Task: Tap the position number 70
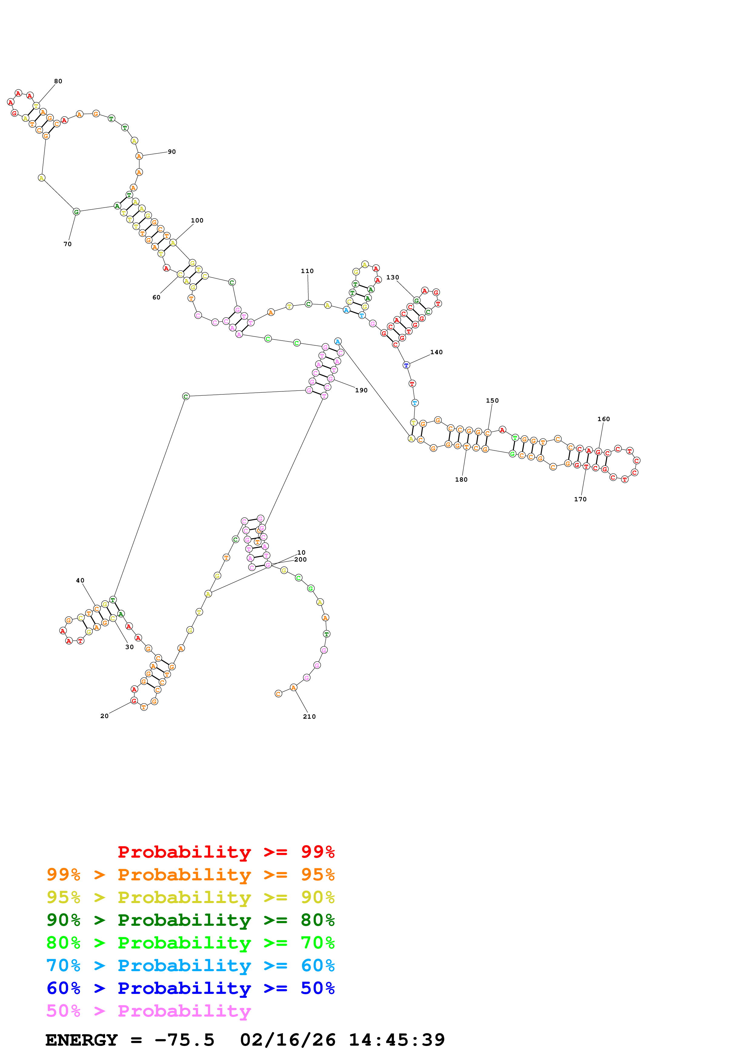point(68,244)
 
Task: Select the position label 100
point(197,221)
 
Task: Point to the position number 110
point(307,271)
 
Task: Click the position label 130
point(392,278)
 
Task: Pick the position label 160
point(603,419)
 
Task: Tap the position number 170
point(580,499)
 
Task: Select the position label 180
point(461,480)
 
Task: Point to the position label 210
point(309,717)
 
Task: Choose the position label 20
point(105,716)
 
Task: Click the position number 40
point(80,580)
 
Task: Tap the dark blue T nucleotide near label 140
point(406,365)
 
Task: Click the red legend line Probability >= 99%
point(226,852)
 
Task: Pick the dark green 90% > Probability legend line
point(191,920)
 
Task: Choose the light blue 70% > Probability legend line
point(191,966)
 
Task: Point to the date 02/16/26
point(287,1040)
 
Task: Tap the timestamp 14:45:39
point(397,1040)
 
